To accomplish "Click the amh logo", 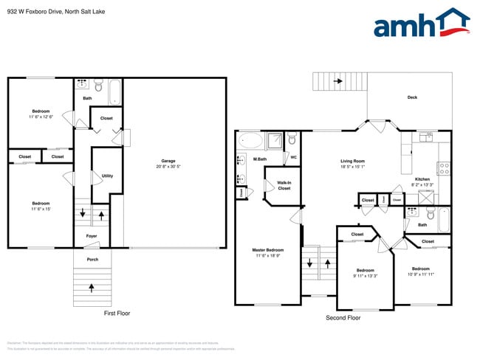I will [x=421, y=24].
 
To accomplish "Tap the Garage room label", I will [x=168, y=161].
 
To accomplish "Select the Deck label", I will [x=412, y=97].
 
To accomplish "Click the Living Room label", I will [x=352, y=161].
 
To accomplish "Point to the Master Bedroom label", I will [x=268, y=249].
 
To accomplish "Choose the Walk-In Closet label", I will [x=284, y=184].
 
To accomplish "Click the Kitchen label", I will [x=422, y=179].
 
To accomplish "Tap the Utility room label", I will [x=107, y=176].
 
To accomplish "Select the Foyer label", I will [x=92, y=236].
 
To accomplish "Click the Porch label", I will [x=92, y=259].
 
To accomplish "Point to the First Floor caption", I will [x=117, y=314].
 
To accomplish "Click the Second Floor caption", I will [x=343, y=318].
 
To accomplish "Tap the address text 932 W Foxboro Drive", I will [x=38, y=10].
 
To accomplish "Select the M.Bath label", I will [x=260, y=159].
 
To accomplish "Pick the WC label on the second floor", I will [x=293, y=157].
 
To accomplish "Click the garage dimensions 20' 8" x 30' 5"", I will [x=168, y=167].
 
